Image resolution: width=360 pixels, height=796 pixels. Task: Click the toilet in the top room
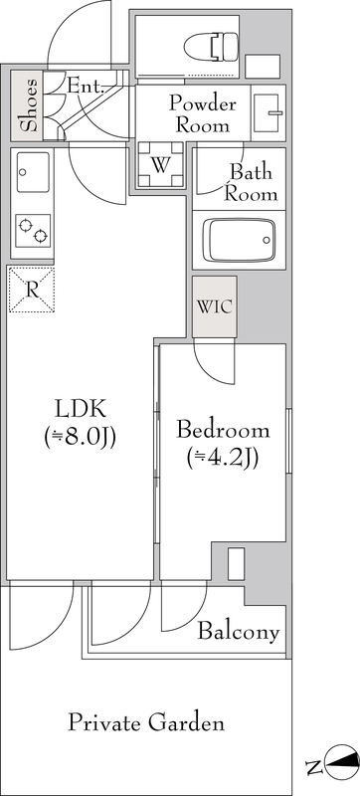tap(212, 47)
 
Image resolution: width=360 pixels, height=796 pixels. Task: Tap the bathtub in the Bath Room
tap(239, 240)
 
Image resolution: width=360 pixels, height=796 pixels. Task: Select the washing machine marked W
tap(161, 165)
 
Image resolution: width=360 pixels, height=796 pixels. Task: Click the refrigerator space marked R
tap(32, 290)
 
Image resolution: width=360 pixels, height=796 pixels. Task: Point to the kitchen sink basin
tap(33, 172)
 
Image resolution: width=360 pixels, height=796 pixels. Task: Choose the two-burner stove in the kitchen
tap(33, 231)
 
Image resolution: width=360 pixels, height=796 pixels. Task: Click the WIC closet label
tap(215, 307)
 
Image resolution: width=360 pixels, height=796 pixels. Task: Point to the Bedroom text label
tap(223, 431)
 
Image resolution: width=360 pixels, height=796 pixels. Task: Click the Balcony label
tap(239, 632)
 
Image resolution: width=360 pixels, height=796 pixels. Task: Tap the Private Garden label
tap(146, 722)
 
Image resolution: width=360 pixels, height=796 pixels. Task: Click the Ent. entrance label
tap(86, 86)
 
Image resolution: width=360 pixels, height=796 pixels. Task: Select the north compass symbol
tap(342, 762)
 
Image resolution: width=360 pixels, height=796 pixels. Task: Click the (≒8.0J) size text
tap(81, 437)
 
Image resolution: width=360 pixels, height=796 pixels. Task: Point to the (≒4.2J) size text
tap(223, 459)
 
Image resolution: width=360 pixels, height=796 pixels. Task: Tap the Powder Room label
tap(202, 113)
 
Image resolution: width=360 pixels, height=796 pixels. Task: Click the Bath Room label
tap(251, 183)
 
